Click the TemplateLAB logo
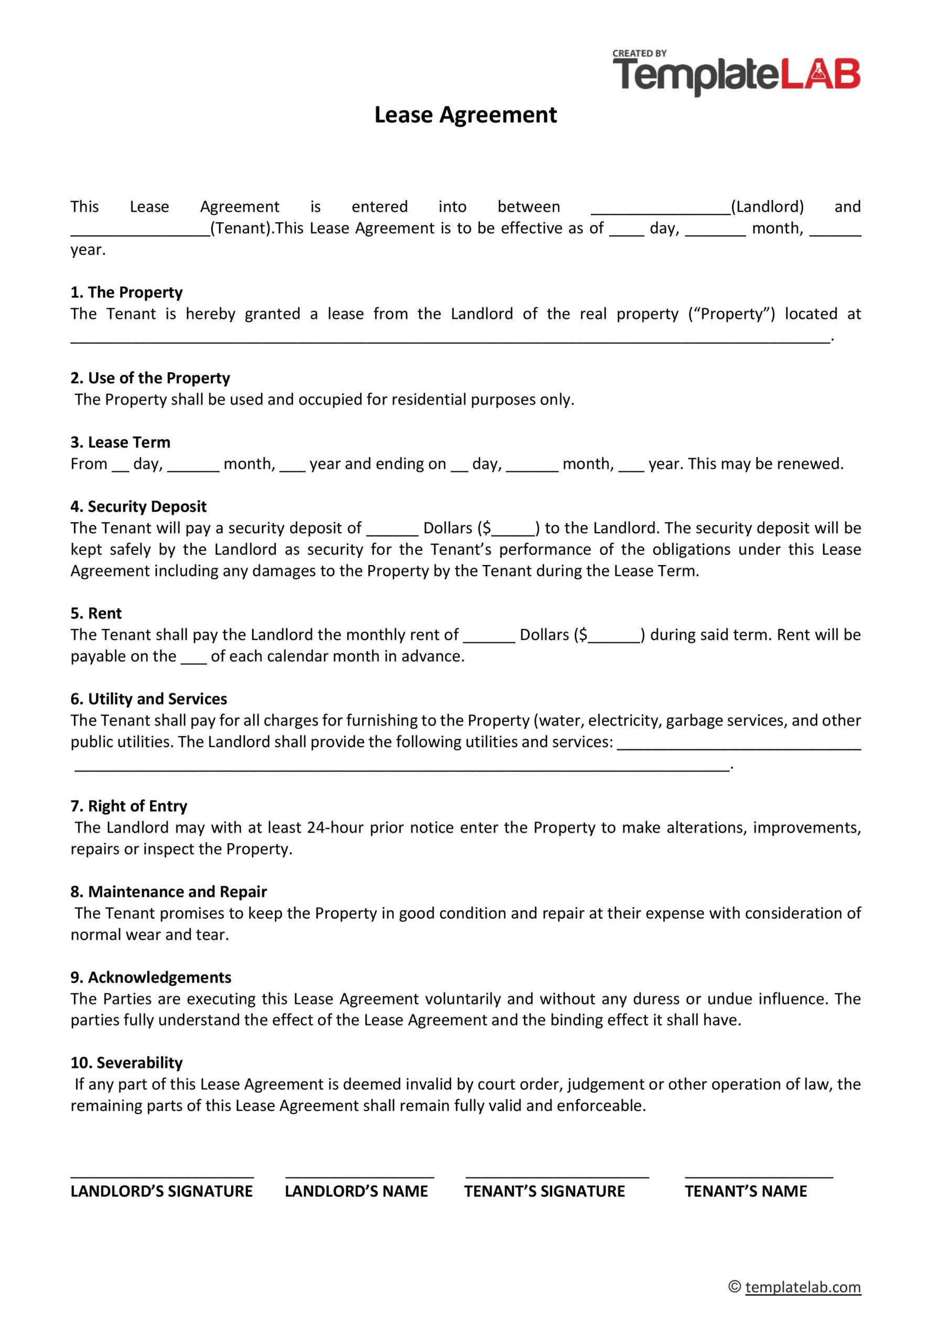click(x=736, y=77)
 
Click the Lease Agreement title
click(x=466, y=115)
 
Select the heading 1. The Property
click(x=126, y=292)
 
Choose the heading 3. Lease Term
click(x=121, y=442)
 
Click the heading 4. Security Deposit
click(x=138, y=507)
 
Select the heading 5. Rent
click(x=96, y=614)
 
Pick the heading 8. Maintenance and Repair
click(x=168, y=892)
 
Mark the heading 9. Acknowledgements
click(x=151, y=977)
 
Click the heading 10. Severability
click(x=126, y=1063)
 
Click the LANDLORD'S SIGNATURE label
click(x=161, y=1191)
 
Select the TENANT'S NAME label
click(x=746, y=1191)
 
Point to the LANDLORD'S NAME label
click(x=356, y=1191)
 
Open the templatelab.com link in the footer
click(x=802, y=1287)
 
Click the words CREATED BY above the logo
click(x=639, y=53)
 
